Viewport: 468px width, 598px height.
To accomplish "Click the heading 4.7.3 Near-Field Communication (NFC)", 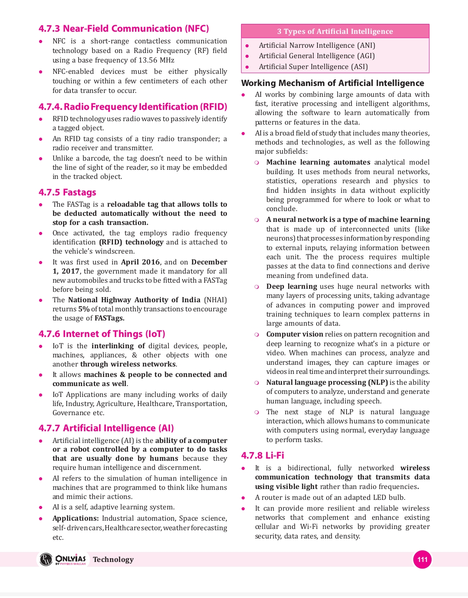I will pyautogui.click(x=124, y=29).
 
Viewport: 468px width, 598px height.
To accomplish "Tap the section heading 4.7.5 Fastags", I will pyautogui.click(x=67, y=192).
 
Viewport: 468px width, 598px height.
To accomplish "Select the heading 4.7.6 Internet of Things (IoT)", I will pyautogui.click(x=102, y=334).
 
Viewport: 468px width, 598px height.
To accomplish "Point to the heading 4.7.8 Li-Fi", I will pyautogui.click(x=262, y=456).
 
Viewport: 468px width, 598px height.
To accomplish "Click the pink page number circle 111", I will pyautogui.click(x=422, y=559).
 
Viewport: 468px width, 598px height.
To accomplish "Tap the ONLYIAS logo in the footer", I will pyautogui.click(x=63, y=559).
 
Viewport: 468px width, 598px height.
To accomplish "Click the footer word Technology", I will pyautogui.click(x=113, y=559).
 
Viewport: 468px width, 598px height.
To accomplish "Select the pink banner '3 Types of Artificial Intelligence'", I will pyautogui.click(x=335, y=31).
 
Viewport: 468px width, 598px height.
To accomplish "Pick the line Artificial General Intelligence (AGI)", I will pyautogui.click(x=317, y=56).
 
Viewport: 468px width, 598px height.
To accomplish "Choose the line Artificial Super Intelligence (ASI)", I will pyautogui.click(x=313, y=66).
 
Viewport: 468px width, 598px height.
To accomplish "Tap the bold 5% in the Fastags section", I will pyautogui.click(x=84, y=309).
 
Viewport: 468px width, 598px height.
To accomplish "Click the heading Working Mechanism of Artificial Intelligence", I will pyautogui.click(x=332, y=83).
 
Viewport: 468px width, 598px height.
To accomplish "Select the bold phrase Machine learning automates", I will pyautogui.click(x=318, y=162).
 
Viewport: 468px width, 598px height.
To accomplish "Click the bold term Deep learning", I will pyautogui.click(x=291, y=286).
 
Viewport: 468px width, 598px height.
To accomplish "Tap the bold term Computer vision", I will pyautogui.click(x=295, y=334).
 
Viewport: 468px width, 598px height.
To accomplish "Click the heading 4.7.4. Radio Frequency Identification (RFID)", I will pyautogui.click(x=133, y=107).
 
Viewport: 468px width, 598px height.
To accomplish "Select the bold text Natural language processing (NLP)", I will pyautogui.click(x=327, y=382).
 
